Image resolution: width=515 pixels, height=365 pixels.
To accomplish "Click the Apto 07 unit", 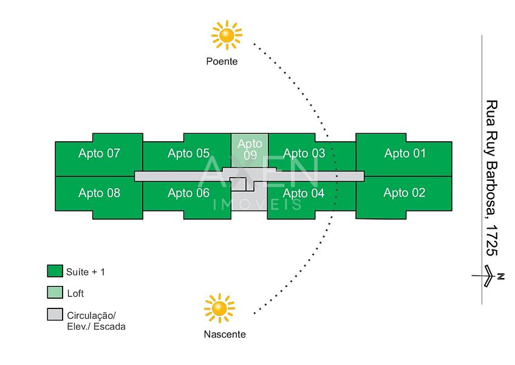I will (99, 154).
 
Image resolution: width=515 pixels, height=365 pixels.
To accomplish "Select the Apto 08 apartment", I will (99, 194).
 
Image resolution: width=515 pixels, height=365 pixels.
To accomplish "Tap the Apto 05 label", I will (188, 154).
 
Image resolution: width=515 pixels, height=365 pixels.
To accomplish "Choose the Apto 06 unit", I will (188, 193).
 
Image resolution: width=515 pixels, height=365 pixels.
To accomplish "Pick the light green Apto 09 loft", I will (250, 150).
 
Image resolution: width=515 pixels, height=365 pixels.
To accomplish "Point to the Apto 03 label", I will (304, 154).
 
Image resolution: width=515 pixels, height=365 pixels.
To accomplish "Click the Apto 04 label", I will (304, 194).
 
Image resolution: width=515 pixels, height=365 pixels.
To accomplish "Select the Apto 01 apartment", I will (404, 154).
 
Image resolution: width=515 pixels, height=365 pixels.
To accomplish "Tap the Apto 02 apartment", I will (404, 193).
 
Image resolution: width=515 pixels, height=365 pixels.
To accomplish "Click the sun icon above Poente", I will (227, 35).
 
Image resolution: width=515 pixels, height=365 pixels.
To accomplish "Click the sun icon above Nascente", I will (219, 308).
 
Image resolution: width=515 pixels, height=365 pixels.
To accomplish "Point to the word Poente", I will (222, 61).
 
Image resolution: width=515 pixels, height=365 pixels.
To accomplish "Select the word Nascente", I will (225, 335).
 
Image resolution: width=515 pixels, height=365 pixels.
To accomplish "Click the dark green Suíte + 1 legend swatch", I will (55, 271).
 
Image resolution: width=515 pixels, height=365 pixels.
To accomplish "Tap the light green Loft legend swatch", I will (55, 293).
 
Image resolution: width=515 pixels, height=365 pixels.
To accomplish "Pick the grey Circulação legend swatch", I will (55, 315).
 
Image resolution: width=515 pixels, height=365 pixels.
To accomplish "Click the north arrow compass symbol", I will (489, 277).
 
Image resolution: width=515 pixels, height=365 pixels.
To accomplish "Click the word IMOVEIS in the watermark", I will (258, 204).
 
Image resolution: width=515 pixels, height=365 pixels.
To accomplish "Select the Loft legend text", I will (76, 293).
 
